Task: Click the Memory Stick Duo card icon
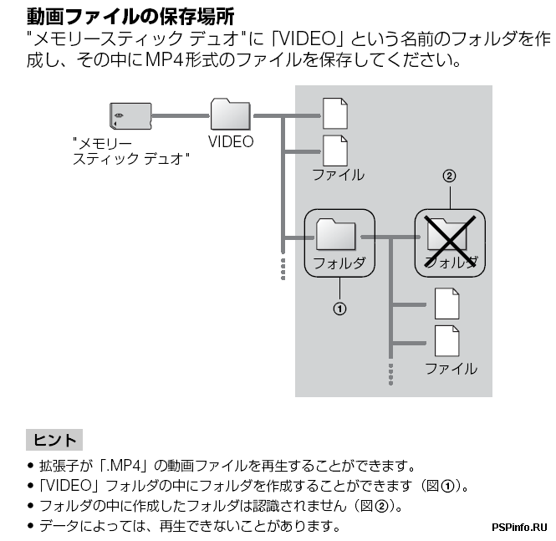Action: tap(129, 115)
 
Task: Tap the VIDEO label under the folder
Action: tap(231, 142)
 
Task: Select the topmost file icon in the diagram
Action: tap(334, 113)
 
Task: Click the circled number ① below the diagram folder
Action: tap(339, 309)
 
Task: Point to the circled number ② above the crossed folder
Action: tap(449, 176)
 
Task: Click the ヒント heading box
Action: tap(54, 440)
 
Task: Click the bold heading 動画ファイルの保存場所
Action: tap(130, 15)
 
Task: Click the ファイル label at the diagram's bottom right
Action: tap(451, 369)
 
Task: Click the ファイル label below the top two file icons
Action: tap(338, 175)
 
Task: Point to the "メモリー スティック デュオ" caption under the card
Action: tap(130, 151)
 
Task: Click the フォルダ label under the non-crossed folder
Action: tap(339, 263)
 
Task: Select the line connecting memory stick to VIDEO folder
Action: tap(179, 115)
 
